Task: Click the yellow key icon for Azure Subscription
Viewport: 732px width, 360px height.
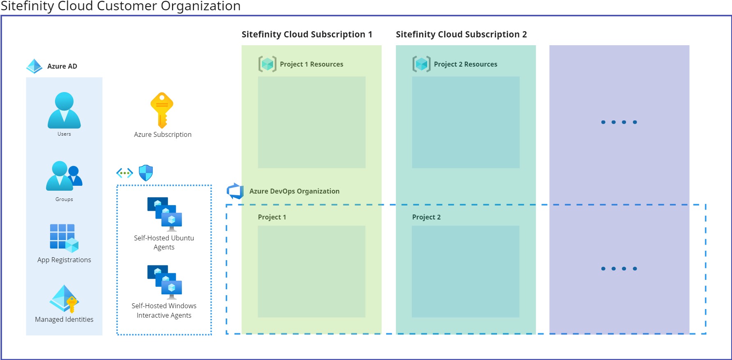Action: point(162,110)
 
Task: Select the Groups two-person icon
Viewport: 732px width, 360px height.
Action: point(64,176)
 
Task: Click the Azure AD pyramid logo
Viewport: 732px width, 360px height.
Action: point(35,66)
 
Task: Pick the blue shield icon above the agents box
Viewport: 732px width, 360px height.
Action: point(146,173)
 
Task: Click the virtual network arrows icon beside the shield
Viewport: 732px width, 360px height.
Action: point(124,173)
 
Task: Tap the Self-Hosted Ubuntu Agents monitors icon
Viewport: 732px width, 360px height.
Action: point(164,214)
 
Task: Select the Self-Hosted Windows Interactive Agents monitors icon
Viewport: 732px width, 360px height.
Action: point(164,282)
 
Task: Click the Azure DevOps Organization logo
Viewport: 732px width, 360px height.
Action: point(235,191)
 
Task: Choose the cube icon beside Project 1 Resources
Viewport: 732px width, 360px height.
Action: point(267,64)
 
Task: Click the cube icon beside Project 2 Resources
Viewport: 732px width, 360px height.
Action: point(421,64)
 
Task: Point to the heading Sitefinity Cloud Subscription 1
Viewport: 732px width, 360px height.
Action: point(307,35)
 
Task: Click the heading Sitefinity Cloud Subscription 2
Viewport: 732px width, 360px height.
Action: point(461,35)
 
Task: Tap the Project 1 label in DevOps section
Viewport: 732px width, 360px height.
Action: point(272,217)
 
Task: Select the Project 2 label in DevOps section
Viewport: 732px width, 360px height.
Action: point(426,217)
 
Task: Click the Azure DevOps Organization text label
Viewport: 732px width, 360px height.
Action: point(295,191)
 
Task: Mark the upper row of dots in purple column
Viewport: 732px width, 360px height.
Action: point(619,122)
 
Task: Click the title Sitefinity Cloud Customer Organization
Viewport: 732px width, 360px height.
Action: point(121,6)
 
